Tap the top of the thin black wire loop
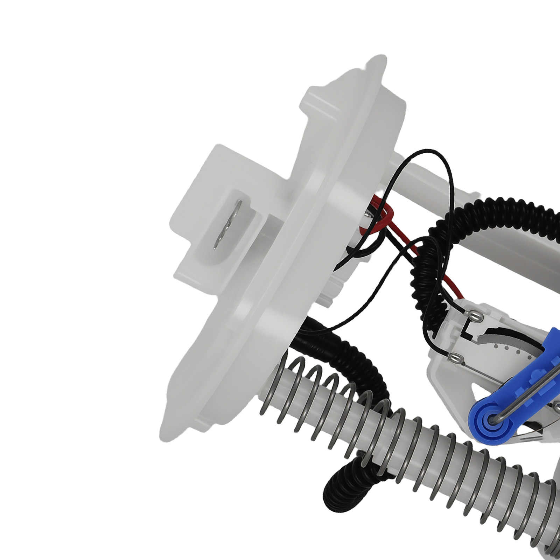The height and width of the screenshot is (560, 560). (x=429, y=151)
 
